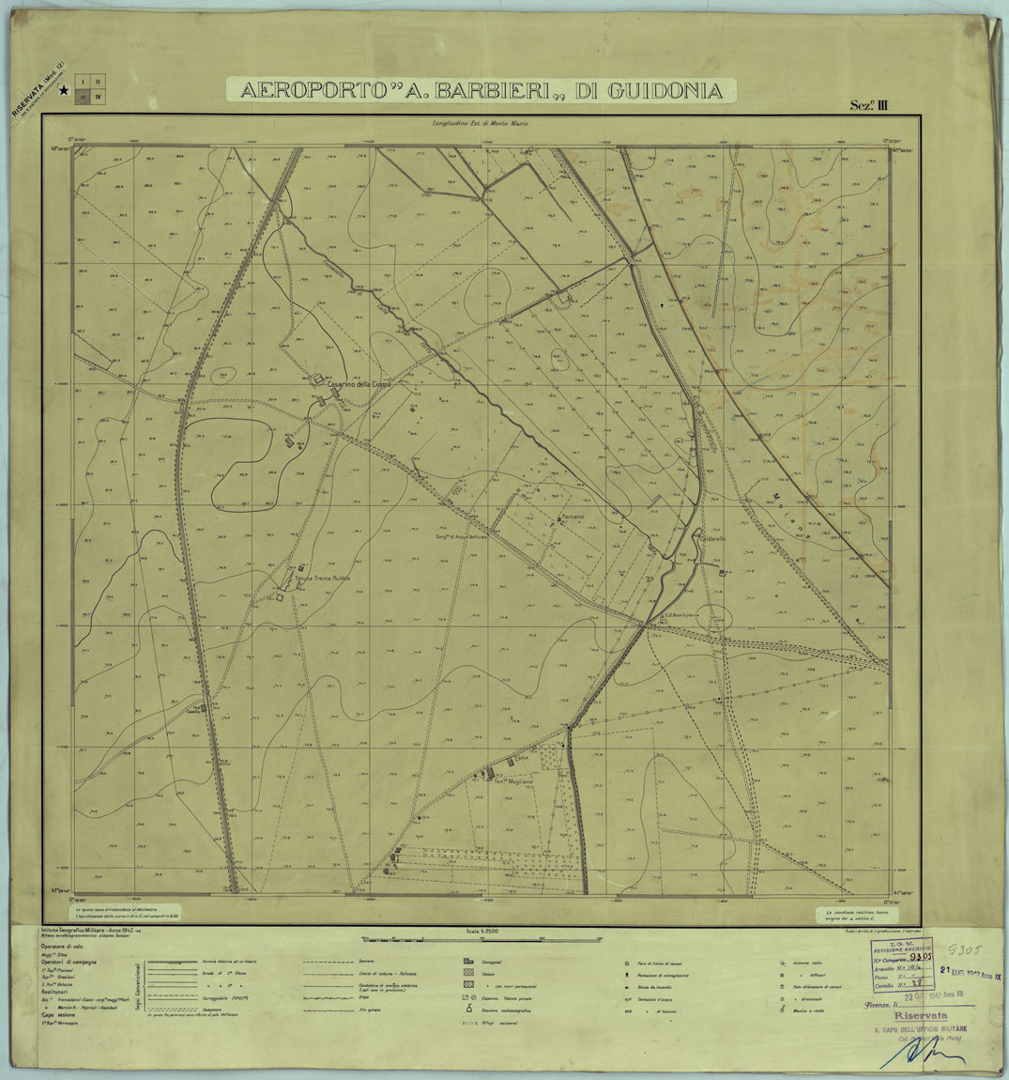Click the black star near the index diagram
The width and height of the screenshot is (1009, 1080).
pos(63,91)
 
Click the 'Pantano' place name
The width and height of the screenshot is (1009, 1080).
pos(572,517)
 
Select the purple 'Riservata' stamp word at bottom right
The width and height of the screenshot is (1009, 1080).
pos(920,1016)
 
